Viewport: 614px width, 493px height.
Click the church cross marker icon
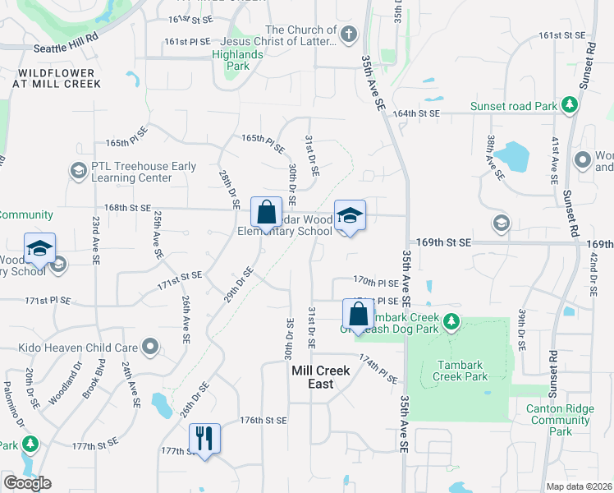coord(349,35)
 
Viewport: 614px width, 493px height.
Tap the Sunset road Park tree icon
coord(569,105)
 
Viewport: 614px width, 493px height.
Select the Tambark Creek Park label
coord(463,371)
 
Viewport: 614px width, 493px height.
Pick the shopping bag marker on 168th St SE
coord(266,212)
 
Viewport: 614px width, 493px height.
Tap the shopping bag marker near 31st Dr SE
coord(358,313)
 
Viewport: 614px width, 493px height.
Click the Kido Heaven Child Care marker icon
coord(149,346)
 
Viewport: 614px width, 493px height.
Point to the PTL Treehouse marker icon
coord(79,171)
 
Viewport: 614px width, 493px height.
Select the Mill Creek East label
coord(321,377)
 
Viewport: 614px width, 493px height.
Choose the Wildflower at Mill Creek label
coord(56,78)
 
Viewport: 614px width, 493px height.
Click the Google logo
coord(27,482)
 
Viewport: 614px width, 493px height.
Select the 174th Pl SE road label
coord(378,369)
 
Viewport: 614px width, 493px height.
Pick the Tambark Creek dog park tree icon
coord(451,321)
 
